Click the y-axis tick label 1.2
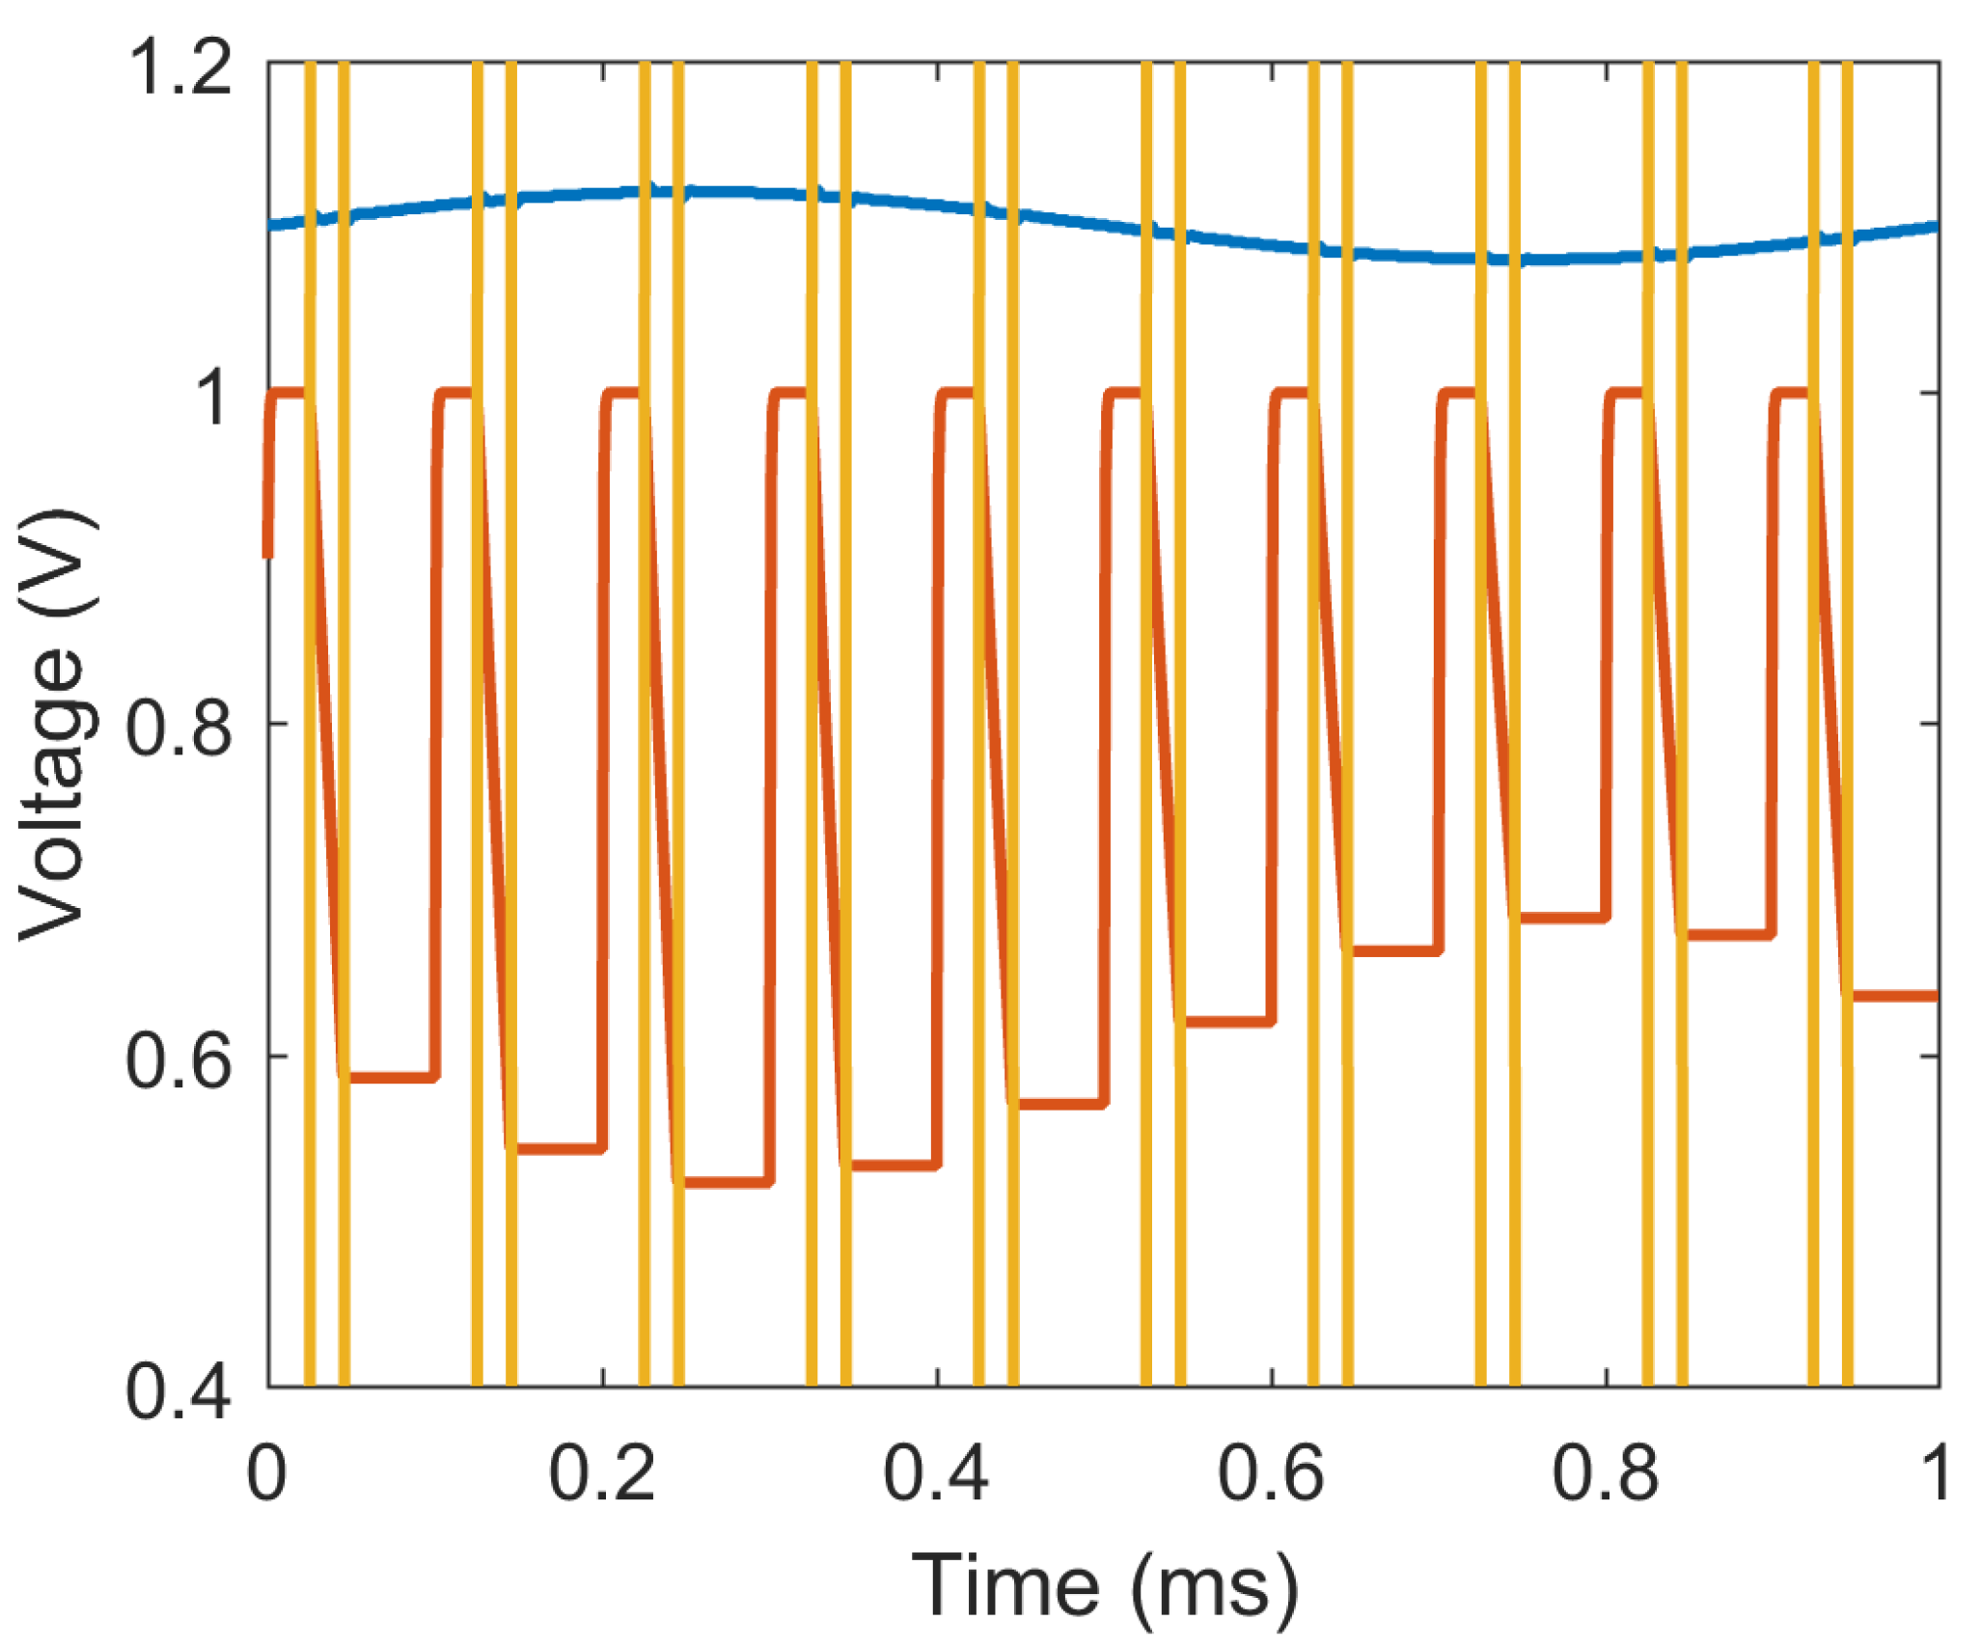(x=181, y=69)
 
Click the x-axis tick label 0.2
(x=602, y=1474)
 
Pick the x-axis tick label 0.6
(x=1271, y=1474)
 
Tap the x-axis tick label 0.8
(x=1605, y=1474)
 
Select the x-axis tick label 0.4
(x=936, y=1474)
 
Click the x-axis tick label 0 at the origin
(x=267, y=1474)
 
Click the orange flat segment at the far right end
(x=1891, y=996)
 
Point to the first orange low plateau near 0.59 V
(x=391, y=1077)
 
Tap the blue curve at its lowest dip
(x=1544, y=259)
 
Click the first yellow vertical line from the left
(x=310, y=724)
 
